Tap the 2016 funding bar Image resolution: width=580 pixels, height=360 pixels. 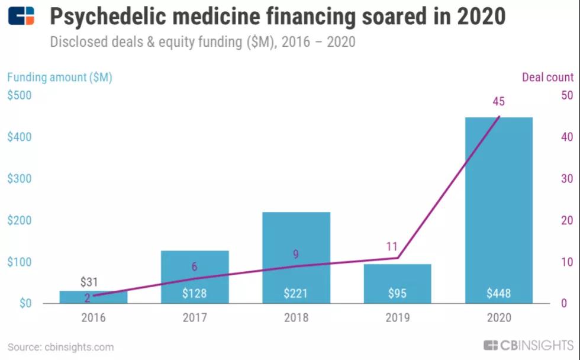tap(94, 297)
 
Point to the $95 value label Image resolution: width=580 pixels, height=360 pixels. tap(397, 293)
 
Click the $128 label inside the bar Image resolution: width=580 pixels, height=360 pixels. tap(195, 293)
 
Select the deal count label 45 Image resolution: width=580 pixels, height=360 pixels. tap(498, 102)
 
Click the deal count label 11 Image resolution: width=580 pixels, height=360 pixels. tap(391, 246)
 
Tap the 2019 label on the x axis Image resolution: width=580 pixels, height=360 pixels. tap(397, 318)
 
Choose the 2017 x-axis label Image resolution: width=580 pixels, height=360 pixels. tap(195, 318)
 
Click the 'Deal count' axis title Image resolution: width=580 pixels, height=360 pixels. tap(547, 77)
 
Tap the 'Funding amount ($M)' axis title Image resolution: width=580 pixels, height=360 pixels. tap(59, 77)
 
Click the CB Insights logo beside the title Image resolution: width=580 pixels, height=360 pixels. tap(21, 16)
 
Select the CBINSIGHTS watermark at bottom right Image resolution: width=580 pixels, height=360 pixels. tap(529, 346)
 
